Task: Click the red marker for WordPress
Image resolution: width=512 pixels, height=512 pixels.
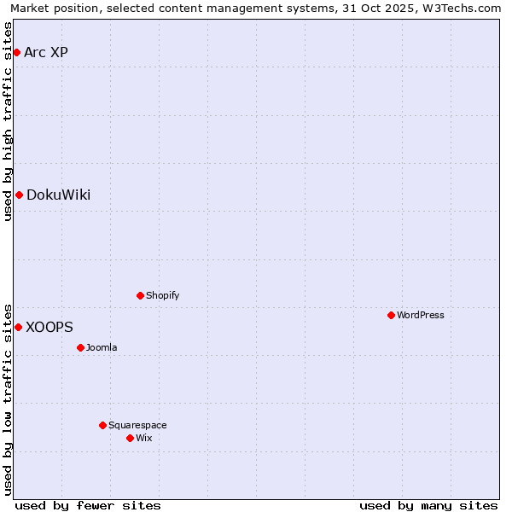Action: point(391,315)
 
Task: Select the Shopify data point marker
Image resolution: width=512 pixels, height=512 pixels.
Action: point(140,295)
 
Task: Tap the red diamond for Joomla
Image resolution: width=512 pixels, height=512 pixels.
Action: point(80,347)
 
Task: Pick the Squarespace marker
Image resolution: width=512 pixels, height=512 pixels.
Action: point(102,425)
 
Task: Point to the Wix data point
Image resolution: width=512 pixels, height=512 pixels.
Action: point(130,438)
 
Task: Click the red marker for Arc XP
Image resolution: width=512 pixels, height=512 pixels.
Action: point(16,53)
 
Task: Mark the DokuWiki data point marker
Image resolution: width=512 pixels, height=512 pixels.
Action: point(19,195)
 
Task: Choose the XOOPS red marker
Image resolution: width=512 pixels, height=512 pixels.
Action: point(18,327)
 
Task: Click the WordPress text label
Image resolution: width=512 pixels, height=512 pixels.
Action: point(421,315)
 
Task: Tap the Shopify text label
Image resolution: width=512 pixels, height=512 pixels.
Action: point(163,295)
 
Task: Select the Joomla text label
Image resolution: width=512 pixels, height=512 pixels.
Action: point(102,347)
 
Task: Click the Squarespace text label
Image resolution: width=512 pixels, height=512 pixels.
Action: point(137,425)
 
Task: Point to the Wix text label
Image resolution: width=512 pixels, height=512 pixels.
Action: point(144,438)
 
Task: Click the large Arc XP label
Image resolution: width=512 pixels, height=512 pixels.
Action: point(46,53)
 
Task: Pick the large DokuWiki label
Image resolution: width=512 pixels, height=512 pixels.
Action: point(58,195)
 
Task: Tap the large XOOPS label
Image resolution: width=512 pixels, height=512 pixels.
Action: point(49,327)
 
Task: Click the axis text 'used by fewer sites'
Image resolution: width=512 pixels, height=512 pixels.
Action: point(88,505)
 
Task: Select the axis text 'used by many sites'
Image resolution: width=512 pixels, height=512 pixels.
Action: point(428,505)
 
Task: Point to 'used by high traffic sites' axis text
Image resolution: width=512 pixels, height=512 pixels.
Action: point(8,121)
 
